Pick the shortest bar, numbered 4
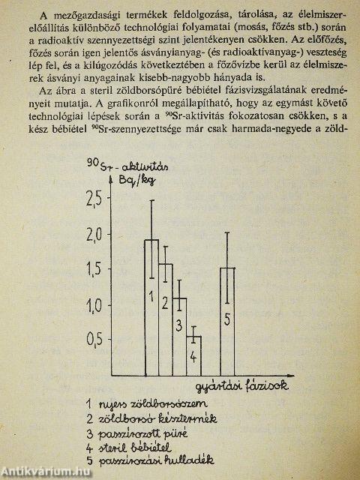[x=193, y=355]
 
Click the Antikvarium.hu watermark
[x=46, y=472]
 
